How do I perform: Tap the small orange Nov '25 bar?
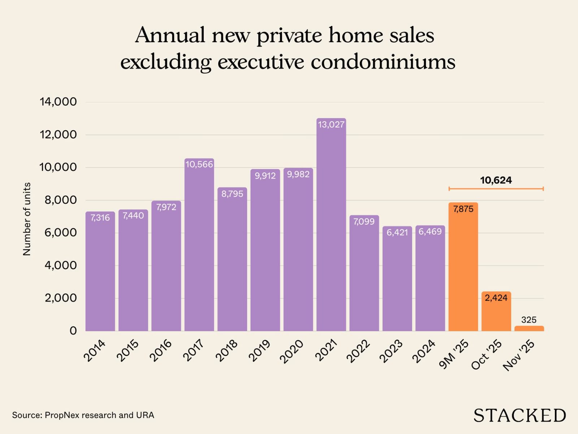(529, 328)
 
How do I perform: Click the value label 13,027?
(331, 125)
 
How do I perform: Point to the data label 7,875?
(463, 209)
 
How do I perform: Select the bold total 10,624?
(496, 180)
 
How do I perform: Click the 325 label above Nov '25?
(529, 320)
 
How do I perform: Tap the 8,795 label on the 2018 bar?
(232, 194)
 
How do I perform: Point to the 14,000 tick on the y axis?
(58, 102)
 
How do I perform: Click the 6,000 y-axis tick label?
(61, 233)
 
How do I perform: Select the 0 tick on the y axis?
(73, 331)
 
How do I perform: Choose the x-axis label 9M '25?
(454, 354)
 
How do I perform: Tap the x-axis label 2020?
(292, 351)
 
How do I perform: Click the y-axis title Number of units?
(27, 219)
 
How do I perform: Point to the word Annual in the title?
(170, 35)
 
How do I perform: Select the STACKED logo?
(519, 415)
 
